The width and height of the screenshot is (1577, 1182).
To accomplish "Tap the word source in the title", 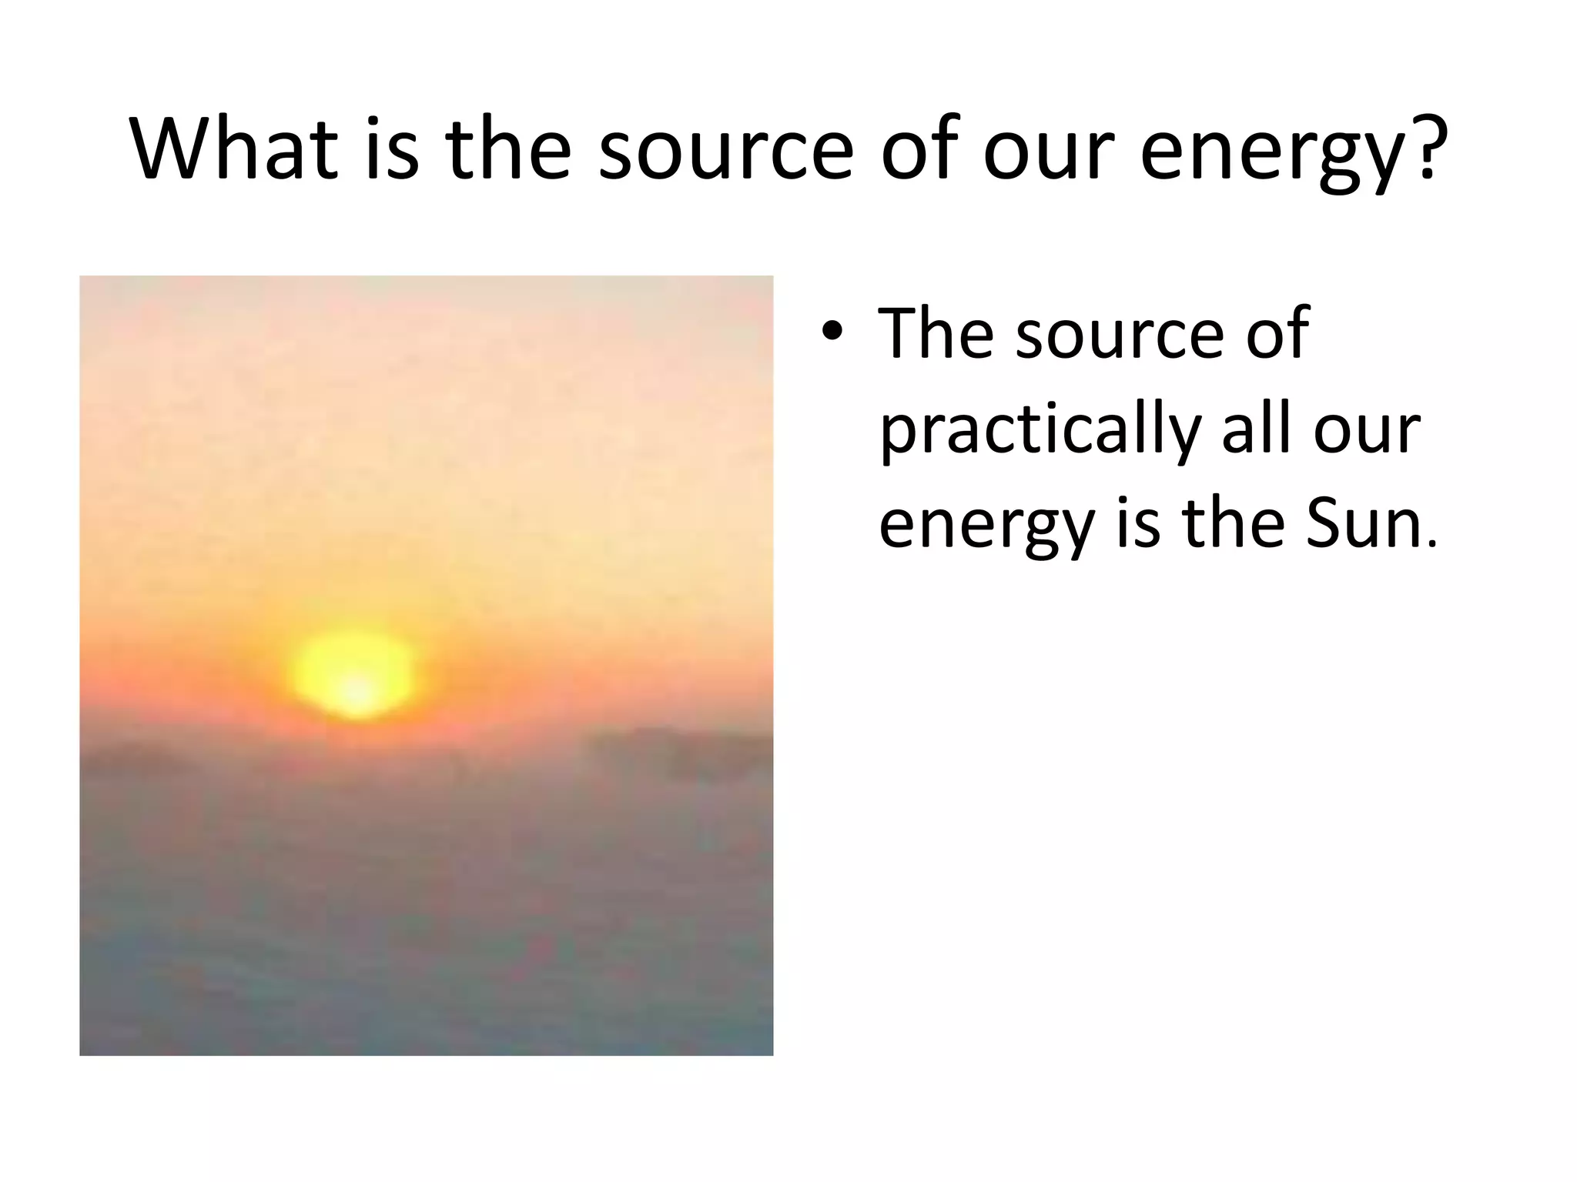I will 725,150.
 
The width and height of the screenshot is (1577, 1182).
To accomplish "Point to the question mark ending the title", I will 1428,148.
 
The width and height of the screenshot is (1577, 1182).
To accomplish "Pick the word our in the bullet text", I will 1366,431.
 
